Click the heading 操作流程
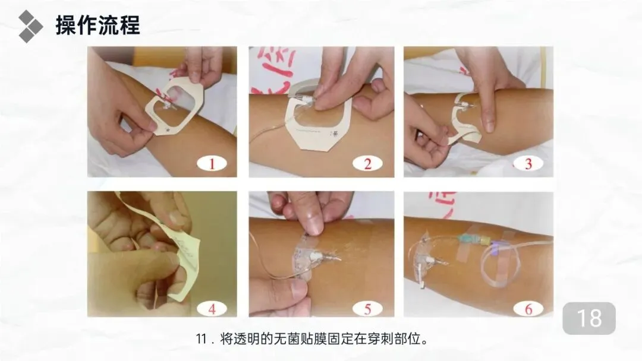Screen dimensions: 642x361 98,25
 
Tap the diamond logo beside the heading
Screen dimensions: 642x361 30,26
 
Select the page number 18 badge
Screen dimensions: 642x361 588,318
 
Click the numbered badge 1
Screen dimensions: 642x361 212,163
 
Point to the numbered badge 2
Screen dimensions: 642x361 367,163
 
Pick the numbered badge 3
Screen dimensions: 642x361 528,163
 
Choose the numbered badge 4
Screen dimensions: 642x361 212,309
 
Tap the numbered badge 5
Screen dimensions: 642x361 367,309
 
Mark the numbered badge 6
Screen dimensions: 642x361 528,309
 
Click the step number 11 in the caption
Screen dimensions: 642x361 201,340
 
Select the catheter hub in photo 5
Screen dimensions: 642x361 316,256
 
